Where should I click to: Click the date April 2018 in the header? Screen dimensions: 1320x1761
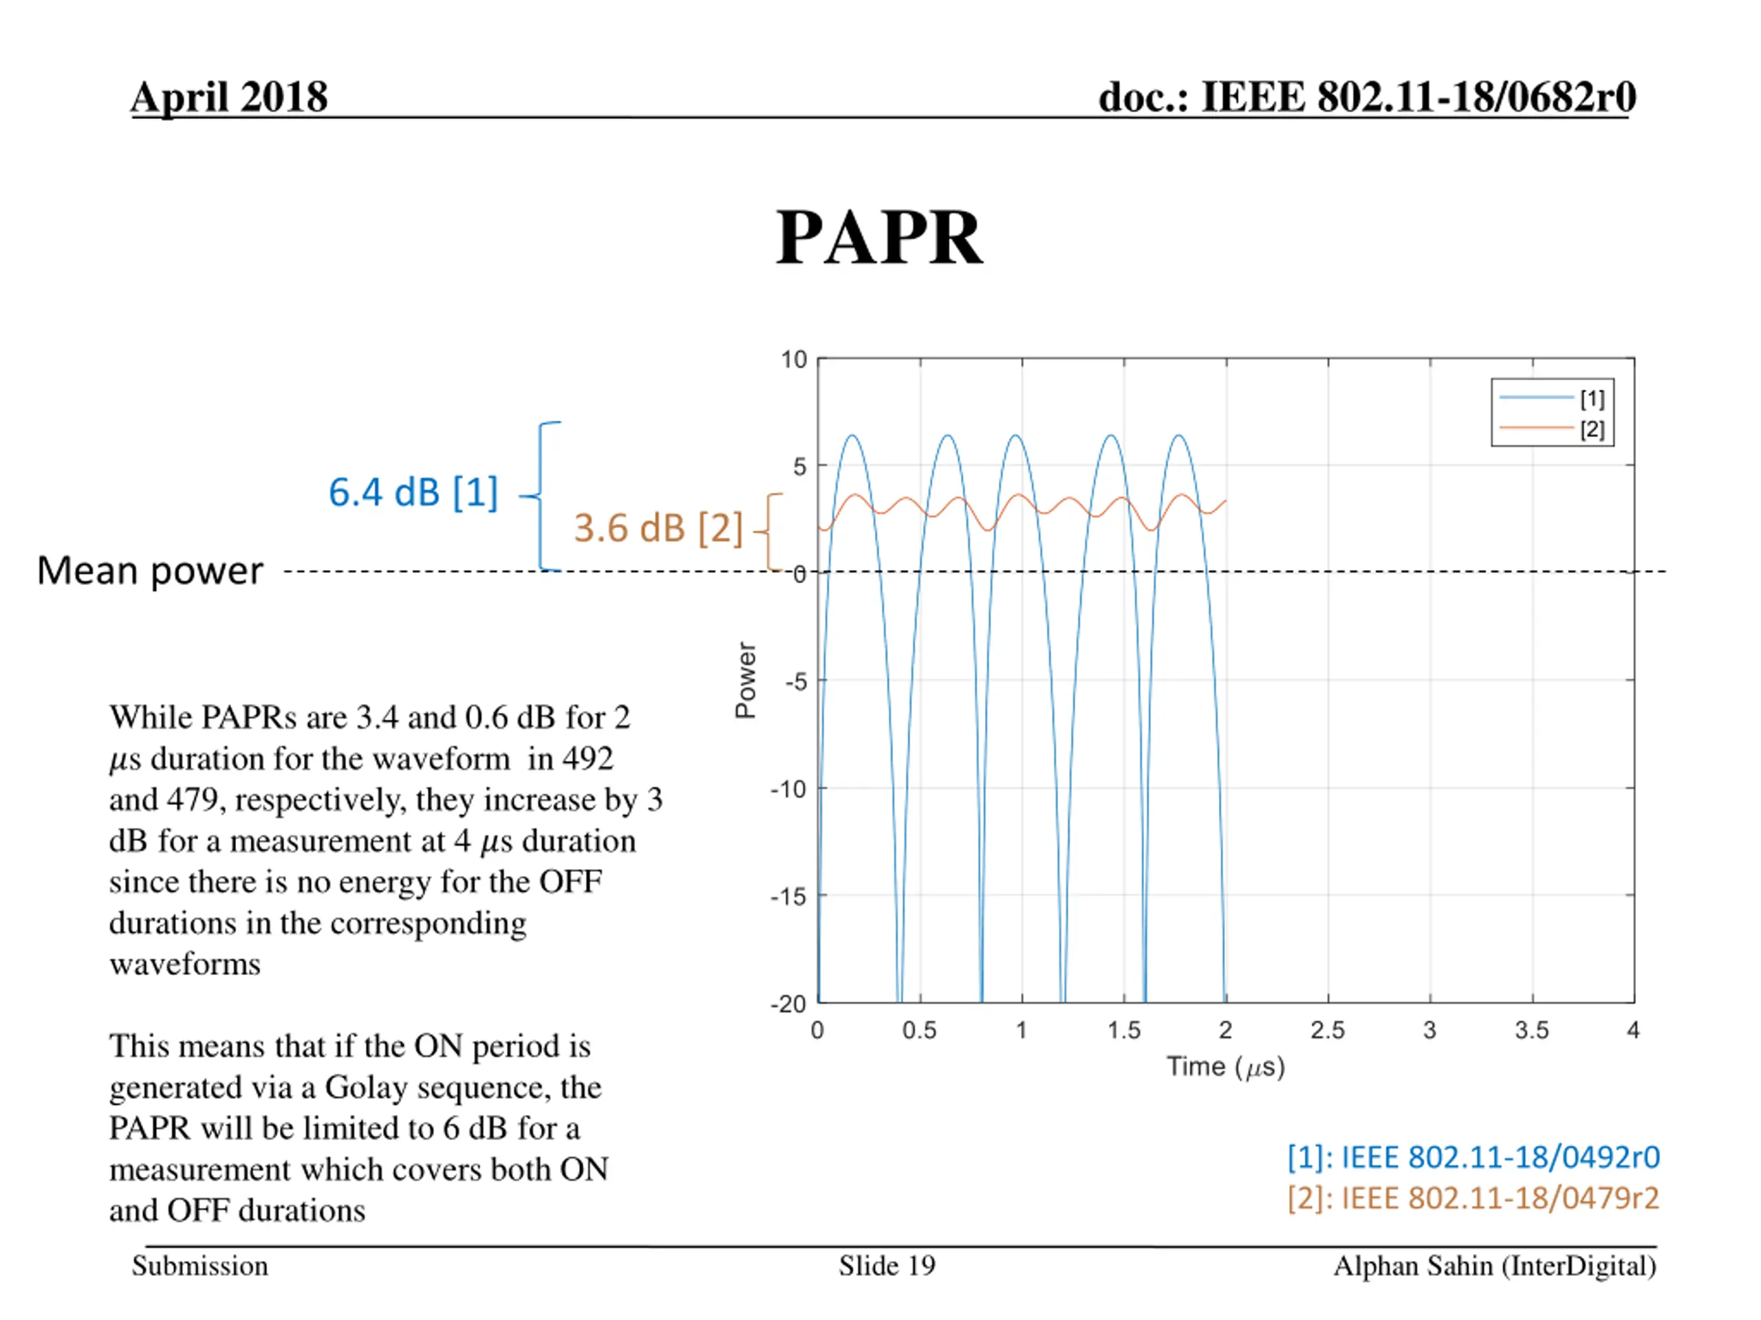(x=229, y=97)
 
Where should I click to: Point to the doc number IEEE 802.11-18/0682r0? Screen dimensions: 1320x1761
(x=1366, y=97)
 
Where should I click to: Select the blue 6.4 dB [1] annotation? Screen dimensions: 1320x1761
(x=413, y=492)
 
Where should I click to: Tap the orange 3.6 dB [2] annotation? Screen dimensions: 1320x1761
(x=658, y=527)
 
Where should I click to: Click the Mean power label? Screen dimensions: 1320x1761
(x=150, y=571)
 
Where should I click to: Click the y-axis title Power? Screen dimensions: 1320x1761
(x=745, y=681)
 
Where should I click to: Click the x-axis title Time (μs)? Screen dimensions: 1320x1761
(x=1225, y=1066)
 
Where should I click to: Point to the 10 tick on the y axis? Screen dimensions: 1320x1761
(x=794, y=360)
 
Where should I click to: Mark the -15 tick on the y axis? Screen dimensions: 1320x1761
(x=789, y=896)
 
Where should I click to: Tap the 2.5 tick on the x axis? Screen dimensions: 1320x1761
(x=1327, y=1031)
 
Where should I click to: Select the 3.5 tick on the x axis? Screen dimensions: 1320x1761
(x=1532, y=1031)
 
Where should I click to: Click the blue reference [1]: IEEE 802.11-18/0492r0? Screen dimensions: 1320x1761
(x=1473, y=1158)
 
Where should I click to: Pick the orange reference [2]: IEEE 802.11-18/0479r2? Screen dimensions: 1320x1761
(x=1473, y=1198)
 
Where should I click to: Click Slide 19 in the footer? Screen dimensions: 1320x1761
(x=887, y=1266)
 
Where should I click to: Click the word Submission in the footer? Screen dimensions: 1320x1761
(x=199, y=1266)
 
